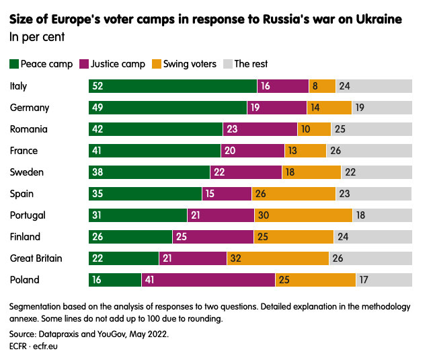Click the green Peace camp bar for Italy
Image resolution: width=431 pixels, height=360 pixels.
point(173,86)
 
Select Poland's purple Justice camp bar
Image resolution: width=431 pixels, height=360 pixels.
point(208,280)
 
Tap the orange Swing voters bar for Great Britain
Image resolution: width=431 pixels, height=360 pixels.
point(278,258)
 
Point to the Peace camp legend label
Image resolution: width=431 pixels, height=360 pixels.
point(48,64)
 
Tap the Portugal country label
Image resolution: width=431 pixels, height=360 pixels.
point(28,215)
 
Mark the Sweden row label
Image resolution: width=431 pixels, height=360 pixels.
point(27,172)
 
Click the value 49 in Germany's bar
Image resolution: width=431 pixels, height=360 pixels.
point(98,108)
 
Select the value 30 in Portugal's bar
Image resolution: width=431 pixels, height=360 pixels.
point(264,215)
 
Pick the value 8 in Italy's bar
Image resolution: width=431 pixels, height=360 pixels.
point(315,86)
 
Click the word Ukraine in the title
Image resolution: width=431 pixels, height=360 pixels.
point(379,20)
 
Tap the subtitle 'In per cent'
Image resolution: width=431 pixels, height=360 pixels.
point(37,37)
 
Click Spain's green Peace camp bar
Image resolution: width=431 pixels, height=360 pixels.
point(145,194)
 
